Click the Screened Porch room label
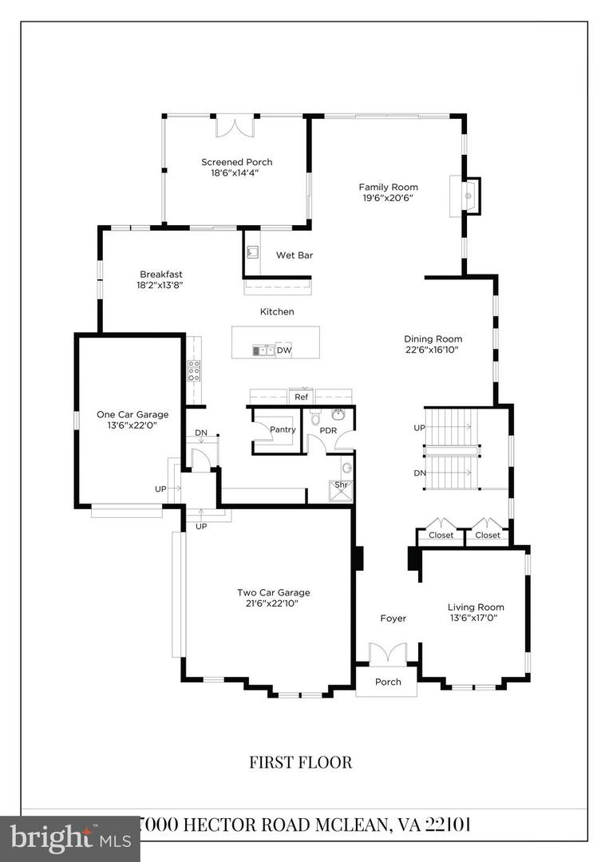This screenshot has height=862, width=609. pyautogui.click(x=236, y=162)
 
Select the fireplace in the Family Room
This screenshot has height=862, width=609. pyautogui.click(x=469, y=196)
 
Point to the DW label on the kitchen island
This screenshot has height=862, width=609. pyautogui.click(x=284, y=350)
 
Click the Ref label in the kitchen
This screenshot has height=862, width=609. pyautogui.click(x=301, y=397)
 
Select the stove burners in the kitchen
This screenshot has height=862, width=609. pyautogui.click(x=193, y=370)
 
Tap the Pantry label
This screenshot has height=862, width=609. pyautogui.click(x=283, y=429)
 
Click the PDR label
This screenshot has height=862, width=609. pyautogui.click(x=327, y=431)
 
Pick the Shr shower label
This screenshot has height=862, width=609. pyautogui.click(x=341, y=484)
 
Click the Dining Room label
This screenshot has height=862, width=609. pyautogui.click(x=433, y=338)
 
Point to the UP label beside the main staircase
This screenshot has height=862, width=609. pyautogui.click(x=419, y=428)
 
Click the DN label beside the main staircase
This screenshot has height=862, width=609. pyautogui.click(x=419, y=473)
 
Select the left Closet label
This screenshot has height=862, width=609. pyautogui.click(x=441, y=535)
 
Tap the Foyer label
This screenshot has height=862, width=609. pyautogui.click(x=393, y=618)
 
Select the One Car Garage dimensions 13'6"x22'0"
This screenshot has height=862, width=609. pyautogui.click(x=132, y=427)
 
